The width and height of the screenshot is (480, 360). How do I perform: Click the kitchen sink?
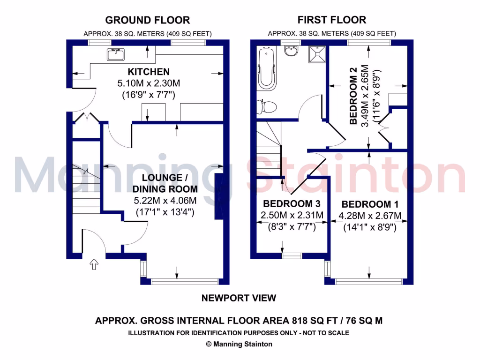click(115, 55)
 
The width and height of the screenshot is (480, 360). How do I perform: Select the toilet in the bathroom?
click(266, 106)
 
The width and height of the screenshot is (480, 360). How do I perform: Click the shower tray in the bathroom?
click(316, 55)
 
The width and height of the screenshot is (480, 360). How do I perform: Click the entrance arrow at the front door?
click(94, 265)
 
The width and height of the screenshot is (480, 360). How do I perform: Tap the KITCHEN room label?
click(149, 72)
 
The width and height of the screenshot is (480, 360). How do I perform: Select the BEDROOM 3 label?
click(288, 204)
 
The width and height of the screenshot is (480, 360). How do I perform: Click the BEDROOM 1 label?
click(367, 204)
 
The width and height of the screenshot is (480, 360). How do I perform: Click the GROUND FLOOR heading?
click(148, 20)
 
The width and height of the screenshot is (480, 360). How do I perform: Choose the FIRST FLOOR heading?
click(332, 20)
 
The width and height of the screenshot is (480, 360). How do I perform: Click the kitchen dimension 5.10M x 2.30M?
click(149, 83)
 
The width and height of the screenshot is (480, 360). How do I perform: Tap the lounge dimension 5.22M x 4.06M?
click(165, 201)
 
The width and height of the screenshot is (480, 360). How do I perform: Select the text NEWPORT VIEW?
click(239, 298)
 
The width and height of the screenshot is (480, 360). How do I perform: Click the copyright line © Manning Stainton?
click(239, 344)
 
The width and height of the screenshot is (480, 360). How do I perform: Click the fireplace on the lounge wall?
click(219, 196)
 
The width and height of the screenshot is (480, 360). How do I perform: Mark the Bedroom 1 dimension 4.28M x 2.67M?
click(370, 216)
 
